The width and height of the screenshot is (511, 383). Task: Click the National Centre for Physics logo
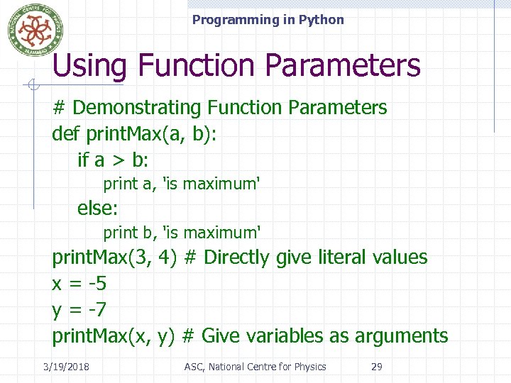(31, 30)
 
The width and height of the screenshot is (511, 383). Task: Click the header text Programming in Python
(268, 20)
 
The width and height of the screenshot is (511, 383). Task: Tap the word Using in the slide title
(89, 66)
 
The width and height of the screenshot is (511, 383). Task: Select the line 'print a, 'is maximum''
(182, 184)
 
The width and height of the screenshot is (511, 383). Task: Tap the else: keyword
(98, 209)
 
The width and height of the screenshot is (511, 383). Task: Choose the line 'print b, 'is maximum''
(182, 233)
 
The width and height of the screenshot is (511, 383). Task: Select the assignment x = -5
(79, 284)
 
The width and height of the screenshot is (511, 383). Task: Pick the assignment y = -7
(79, 310)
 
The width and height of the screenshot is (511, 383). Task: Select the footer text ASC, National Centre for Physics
(255, 367)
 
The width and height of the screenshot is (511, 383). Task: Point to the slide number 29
(377, 367)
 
